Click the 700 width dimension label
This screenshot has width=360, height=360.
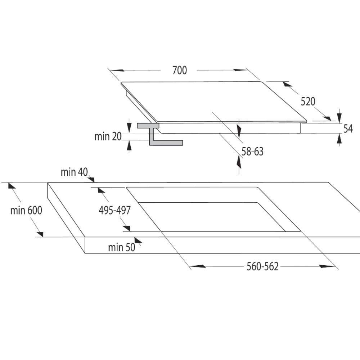click(x=180, y=70)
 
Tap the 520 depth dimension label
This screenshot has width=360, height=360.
click(x=308, y=102)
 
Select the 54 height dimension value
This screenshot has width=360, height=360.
click(x=348, y=129)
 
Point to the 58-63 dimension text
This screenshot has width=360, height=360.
click(x=252, y=152)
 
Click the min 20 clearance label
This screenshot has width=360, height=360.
click(x=108, y=136)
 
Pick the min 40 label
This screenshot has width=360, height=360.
click(x=74, y=172)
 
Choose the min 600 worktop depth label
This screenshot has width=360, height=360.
click(x=26, y=210)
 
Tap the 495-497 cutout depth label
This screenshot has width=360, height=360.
click(x=114, y=210)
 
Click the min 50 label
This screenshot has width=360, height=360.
click(x=122, y=248)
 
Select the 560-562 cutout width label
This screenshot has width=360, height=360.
click(x=262, y=266)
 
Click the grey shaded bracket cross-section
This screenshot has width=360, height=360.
click(x=160, y=134)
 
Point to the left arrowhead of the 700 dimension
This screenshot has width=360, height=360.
click(x=117, y=70)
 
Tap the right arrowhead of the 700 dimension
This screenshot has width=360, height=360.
click(x=240, y=70)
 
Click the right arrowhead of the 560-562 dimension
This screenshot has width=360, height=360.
click(x=327, y=266)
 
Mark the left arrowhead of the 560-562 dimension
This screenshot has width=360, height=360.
click(x=198, y=266)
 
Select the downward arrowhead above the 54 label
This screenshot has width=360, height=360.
click(x=339, y=117)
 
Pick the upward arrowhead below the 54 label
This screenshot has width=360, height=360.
click(x=339, y=139)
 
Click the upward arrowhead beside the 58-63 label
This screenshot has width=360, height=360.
click(x=239, y=162)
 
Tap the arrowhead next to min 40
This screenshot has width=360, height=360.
click(x=91, y=179)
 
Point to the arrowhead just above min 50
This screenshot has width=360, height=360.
click(x=138, y=240)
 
